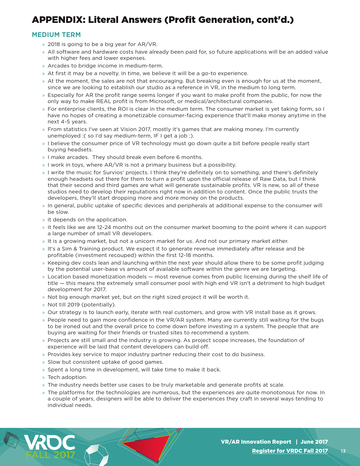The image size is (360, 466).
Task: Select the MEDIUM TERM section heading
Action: [x=56, y=35]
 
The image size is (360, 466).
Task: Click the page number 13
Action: [x=343, y=451]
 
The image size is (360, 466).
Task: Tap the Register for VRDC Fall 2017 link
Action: [x=290, y=451]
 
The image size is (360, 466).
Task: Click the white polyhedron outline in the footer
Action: [x=97, y=455]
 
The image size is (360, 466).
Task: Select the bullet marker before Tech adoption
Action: [x=43, y=378]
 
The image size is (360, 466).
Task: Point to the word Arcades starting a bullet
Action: [x=58, y=66]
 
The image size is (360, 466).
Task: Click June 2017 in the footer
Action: [x=314, y=442]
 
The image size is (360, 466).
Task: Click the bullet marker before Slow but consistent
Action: [x=43, y=362]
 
